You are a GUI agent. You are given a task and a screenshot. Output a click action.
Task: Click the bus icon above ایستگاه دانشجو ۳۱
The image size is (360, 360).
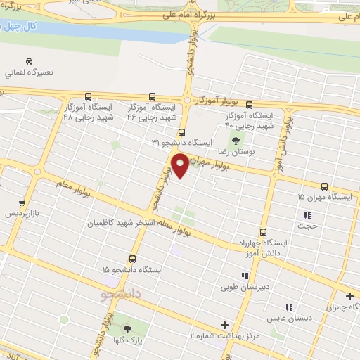[182, 131]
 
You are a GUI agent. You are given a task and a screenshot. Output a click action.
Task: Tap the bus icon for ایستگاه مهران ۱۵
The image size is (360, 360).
[324, 186]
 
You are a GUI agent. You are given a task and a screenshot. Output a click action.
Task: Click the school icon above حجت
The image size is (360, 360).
[307, 215]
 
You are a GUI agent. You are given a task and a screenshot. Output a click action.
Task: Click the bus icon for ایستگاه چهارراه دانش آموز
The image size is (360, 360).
[264, 232]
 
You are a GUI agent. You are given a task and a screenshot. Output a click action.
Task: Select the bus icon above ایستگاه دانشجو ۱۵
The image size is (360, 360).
[132, 258]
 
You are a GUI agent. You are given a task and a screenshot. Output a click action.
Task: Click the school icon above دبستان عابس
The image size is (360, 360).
[288, 307]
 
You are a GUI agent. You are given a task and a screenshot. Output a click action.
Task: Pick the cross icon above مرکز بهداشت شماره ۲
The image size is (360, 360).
[224, 325]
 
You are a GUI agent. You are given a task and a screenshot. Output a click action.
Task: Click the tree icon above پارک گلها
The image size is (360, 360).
[127, 329]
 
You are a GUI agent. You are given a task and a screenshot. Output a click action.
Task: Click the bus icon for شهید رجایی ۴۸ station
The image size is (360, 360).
[89, 96]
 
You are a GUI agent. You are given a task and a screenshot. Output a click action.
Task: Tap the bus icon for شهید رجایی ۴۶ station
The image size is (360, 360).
[153, 96]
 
